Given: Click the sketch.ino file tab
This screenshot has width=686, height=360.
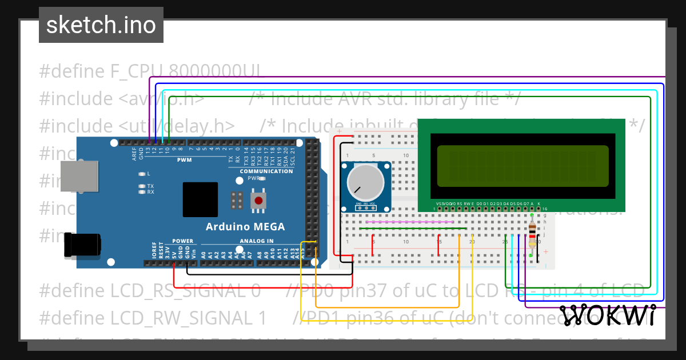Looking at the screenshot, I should click(x=101, y=25).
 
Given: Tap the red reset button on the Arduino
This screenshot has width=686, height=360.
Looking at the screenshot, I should click(x=259, y=201).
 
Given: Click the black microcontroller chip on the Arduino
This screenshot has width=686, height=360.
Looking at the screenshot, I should click(x=200, y=199).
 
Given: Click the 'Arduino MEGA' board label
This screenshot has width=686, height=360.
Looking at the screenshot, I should click(x=245, y=227).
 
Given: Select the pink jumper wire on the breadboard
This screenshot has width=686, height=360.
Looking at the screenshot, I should click(x=409, y=222).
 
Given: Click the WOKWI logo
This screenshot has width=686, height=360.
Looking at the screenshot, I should click(x=607, y=315).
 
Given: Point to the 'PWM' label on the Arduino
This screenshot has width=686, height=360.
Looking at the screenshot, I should click(x=184, y=160).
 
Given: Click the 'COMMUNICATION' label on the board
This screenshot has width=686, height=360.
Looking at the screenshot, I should click(x=266, y=171).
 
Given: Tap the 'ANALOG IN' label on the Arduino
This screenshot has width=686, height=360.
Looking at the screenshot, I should click(x=257, y=241).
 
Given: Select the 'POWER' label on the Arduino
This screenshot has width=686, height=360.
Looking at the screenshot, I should click(x=183, y=241).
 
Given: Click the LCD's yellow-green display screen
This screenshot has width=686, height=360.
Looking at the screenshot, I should click(x=523, y=166).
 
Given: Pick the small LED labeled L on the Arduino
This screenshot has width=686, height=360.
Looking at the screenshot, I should click(x=141, y=173).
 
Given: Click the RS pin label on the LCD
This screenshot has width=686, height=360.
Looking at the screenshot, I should click(x=460, y=203).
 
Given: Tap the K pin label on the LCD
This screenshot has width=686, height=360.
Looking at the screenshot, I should click(x=539, y=203).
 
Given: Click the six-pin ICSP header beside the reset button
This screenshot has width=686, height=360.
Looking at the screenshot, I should click(x=237, y=200).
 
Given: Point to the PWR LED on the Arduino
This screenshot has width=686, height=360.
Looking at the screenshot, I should click(x=261, y=178).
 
